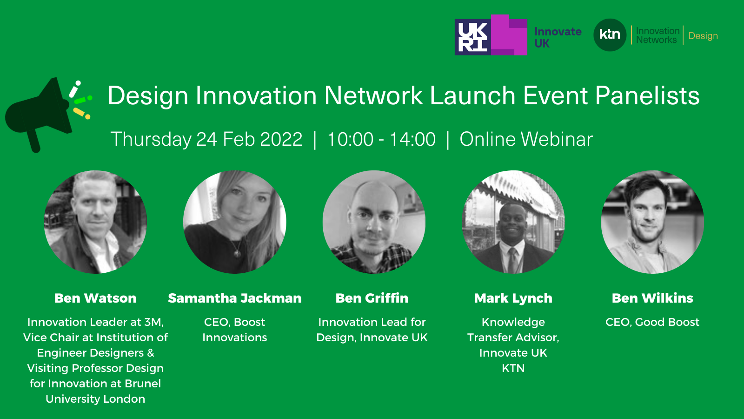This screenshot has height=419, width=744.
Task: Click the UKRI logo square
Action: (472, 37)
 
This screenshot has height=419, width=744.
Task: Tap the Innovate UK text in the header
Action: (558, 37)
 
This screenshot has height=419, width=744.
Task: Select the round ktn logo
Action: (610, 35)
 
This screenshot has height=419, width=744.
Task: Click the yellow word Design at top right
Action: (703, 35)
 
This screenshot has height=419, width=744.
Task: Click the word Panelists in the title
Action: (647, 96)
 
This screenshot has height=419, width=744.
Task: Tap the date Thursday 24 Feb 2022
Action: (206, 139)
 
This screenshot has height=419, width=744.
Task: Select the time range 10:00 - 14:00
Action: (381, 139)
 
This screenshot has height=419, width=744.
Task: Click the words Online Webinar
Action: (526, 139)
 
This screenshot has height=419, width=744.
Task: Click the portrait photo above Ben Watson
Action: (95, 222)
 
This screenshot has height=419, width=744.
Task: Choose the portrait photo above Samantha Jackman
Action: (235, 222)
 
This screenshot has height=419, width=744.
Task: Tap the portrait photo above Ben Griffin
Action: (374, 222)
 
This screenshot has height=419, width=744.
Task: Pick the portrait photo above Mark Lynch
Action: (513, 222)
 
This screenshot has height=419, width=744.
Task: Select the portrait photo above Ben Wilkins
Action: (653, 222)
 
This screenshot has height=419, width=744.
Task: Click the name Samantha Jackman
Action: (235, 298)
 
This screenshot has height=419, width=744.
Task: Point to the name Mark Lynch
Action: (513, 298)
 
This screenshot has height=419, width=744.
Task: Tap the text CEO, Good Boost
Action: (652, 322)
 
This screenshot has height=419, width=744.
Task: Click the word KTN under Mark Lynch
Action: (513, 368)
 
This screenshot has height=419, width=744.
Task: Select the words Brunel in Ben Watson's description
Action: (143, 384)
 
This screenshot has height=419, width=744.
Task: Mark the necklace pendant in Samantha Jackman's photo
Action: (237, 254)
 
